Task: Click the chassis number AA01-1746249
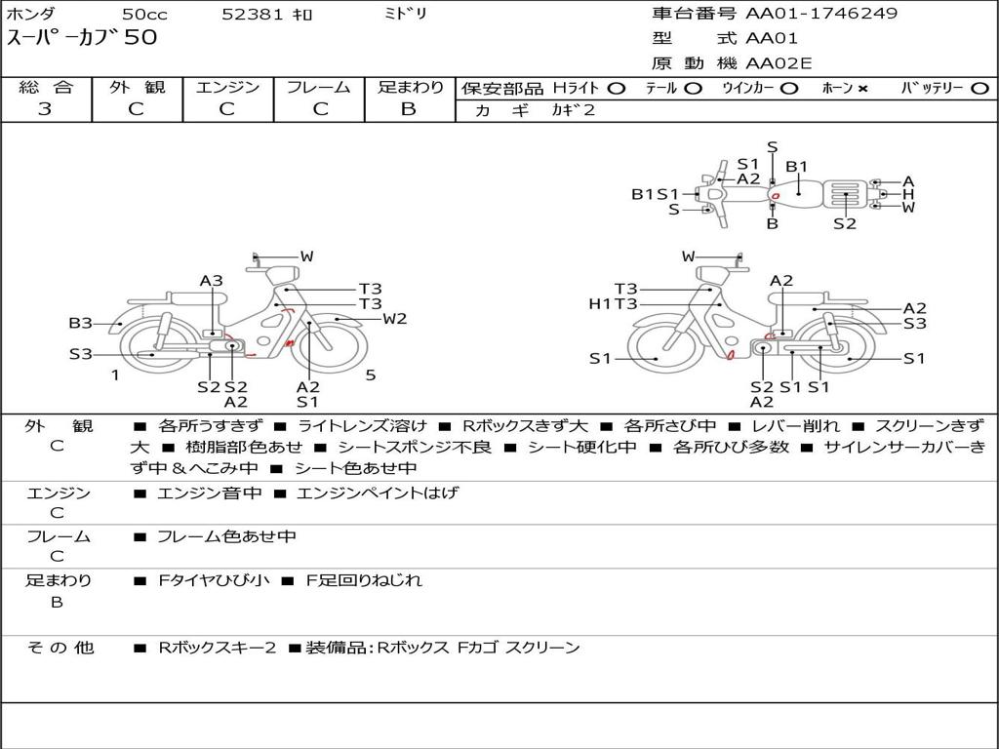tap(821, 14)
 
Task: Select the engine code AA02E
tap(779, 63)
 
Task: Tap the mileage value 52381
tap(252, 14)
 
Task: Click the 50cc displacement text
tap(144, 14)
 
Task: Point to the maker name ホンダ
tap(32, 14)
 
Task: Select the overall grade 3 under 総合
tap(45, 109)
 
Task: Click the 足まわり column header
tap(410, 87)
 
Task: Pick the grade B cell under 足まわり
tap(409, 109)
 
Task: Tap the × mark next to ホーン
tap(862, 89)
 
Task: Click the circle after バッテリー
tap(979, 89)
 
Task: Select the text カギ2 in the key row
tap(573, 110)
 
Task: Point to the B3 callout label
tap(80, 323)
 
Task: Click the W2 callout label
tap(394, 318)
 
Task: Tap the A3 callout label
tap(212, 281)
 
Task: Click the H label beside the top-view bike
tap(908, 194)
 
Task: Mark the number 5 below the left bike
tap(371, 374)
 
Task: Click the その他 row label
tap(60, 647)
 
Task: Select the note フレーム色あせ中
tap(226, 536)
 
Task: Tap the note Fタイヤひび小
tap(209, 580)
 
